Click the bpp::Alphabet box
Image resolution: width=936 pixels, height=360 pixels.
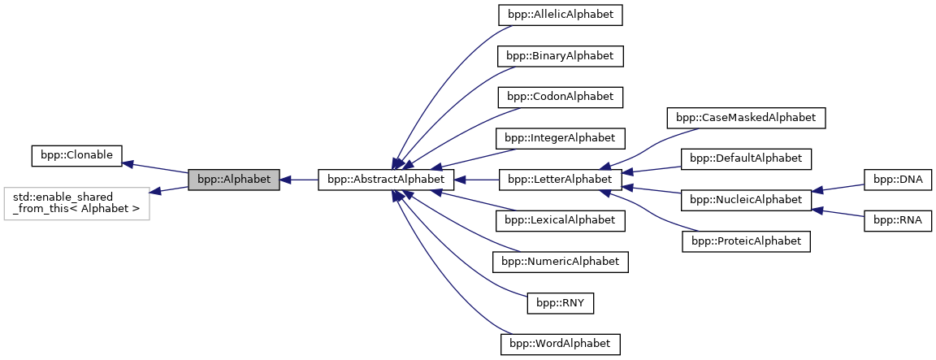pyautogui.click(x=234, y=180)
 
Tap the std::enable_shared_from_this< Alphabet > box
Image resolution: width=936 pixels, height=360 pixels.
pyautogui.click(x=77, y=204)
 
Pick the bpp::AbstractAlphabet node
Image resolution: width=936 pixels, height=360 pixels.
pyautogui.click(x=385, y=180)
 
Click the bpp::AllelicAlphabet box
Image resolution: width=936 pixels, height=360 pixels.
pyautogui.click(x=560, y=15)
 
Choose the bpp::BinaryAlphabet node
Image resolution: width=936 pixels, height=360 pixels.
pyautogui.click(x=560, y=56)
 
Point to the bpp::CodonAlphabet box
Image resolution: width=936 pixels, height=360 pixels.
pyautogui.click(x=560, y=97)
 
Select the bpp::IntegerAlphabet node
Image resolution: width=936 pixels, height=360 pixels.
pyautogui.click(x=560, y=138)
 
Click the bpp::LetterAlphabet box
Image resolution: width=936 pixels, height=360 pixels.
pyautogui.click(x=560, y=180)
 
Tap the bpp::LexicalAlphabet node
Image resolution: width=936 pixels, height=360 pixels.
pyautogui.click(x=560, y=220)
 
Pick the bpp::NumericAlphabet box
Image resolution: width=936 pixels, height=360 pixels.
pyautogui.click(x=560, y=262)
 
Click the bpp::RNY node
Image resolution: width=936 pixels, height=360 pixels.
pyautogui.click(x=560, y=303)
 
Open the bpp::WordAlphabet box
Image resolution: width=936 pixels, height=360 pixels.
pyautogui.click(x=560, y=344)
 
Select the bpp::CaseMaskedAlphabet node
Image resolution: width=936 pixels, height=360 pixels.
pyautogui.click(x=746, y=118)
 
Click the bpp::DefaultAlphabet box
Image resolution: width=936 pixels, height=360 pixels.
pyautogui.click(x=746, y=158)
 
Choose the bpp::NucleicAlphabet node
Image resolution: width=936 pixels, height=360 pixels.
pyautogui.click(x=746, y=200)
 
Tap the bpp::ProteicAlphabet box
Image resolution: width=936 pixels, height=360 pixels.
pyautogui.click(x=746, y=241)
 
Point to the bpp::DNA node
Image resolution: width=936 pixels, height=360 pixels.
pyautogui.click(x=897, y=180)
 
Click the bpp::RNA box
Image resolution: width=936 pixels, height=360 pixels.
pyautogui.click(x=897, y=220)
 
